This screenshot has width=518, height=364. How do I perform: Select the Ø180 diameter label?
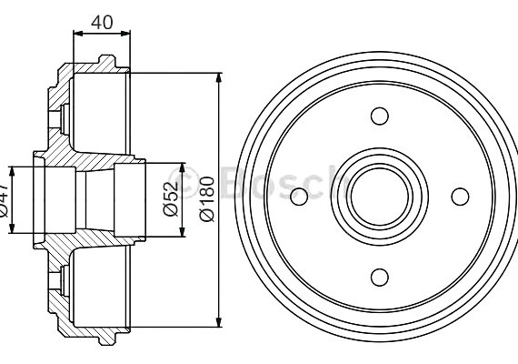206,198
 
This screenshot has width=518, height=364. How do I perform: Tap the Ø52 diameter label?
170,198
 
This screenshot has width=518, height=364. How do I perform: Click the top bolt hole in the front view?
380,116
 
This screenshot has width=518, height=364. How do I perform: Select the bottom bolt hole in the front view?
380,277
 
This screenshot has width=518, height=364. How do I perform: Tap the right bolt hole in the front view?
460,196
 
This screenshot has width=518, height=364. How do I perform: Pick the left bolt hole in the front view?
299,196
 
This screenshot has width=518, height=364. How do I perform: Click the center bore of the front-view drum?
379,196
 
